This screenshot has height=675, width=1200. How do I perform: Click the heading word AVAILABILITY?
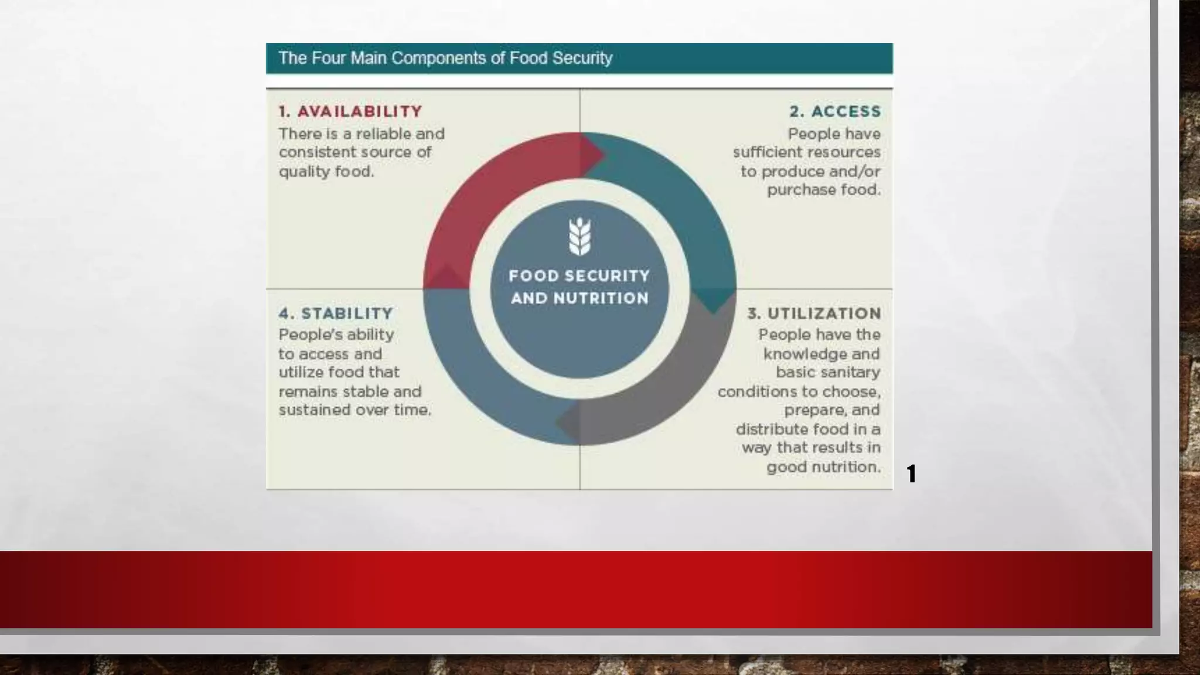click(359, 111)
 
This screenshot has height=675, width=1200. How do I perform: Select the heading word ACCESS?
click(846, 111)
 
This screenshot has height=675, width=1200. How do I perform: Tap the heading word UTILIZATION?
click(824, 313)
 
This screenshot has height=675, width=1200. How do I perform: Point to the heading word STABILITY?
click(347, 313)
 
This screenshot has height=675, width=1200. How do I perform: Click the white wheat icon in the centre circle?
click(579, 236)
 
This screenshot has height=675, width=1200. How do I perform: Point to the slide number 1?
click(911, 473)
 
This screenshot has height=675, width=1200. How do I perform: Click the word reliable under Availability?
click(383, 134)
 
